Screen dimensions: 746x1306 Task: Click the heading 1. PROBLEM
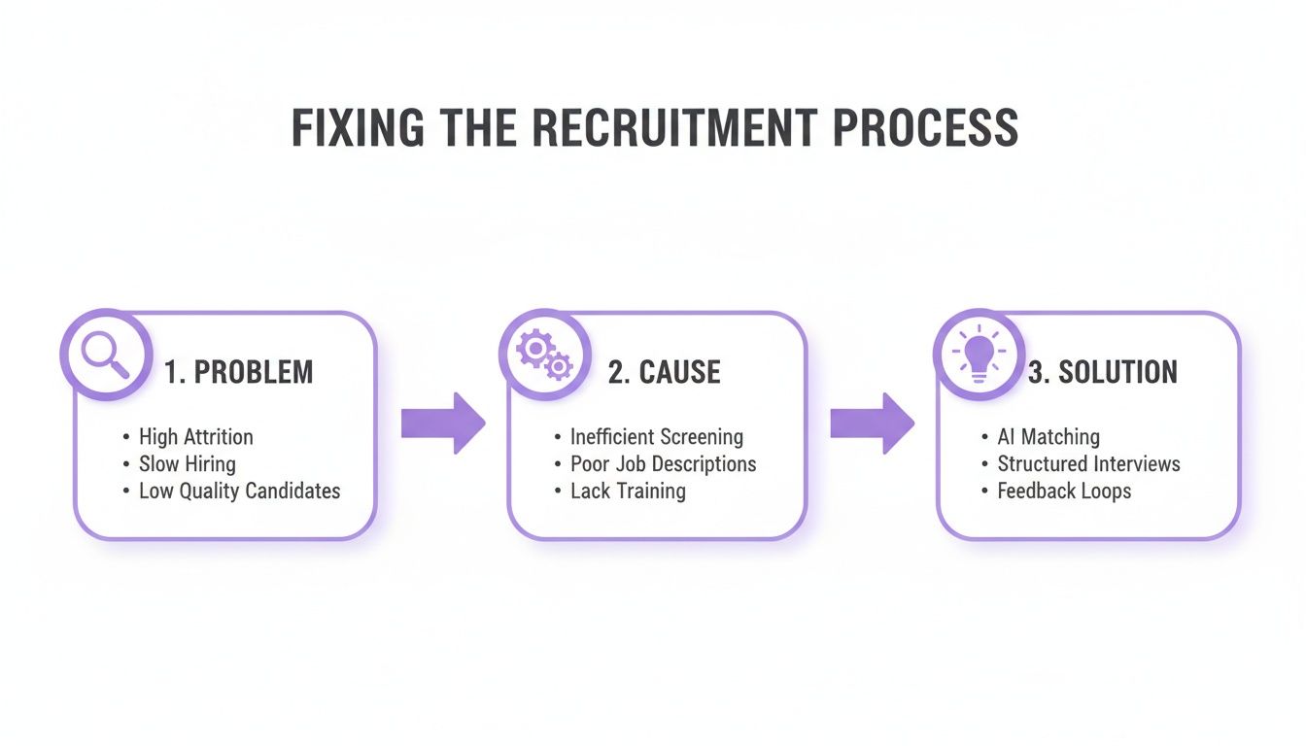238,372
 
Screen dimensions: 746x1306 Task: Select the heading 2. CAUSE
665,372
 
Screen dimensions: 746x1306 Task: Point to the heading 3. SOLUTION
1102,372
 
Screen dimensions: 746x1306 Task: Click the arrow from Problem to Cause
442,424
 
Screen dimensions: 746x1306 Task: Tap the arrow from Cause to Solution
872,424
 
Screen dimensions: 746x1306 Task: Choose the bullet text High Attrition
195,437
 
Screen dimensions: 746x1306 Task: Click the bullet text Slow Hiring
187,464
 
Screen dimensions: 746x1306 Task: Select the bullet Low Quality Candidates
239,492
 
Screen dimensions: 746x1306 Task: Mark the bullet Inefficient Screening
656,437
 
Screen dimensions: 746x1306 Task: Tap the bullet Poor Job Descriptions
663,464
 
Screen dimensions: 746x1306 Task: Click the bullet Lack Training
628,492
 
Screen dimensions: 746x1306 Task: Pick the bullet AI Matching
1048,437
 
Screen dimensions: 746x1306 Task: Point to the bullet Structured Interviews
1088,464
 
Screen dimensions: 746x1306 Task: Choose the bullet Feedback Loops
1064,492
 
